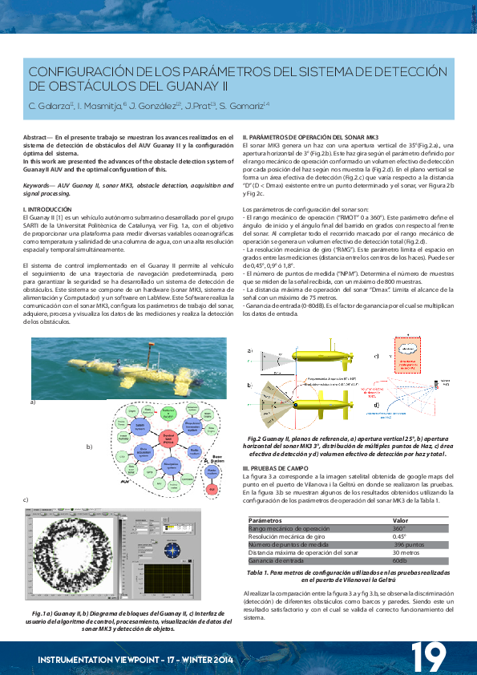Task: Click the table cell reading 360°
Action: [x=398, y=529]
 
